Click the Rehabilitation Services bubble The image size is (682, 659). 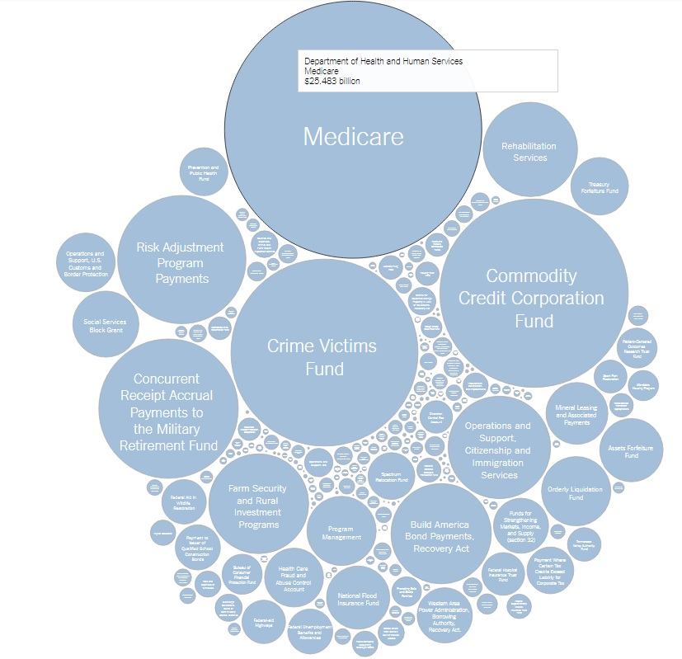[x=529, y=152]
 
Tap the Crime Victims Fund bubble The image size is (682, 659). [x=322, y=356]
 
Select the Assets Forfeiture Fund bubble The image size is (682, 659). [x=631, y=450]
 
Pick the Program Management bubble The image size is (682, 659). [x=341, y=531]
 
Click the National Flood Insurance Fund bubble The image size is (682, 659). [x=358, y=598]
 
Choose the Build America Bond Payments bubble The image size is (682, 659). [x=440, y=535]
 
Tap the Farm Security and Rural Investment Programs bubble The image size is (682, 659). [x=257, y=506]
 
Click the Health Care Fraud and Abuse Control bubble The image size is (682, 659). [x=294, y=578]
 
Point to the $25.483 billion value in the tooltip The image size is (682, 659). [x=332, y=82]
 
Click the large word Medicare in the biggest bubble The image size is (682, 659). [x=353, y=136]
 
